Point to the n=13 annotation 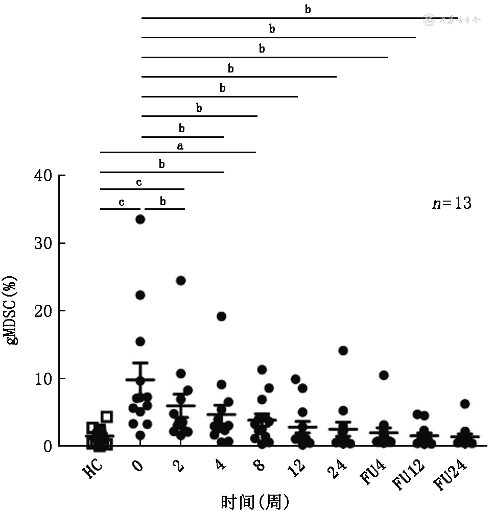point(452,203)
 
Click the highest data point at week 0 point(140,219)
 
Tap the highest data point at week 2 point(180,281)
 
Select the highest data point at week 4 point(221,316)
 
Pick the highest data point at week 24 point(343,351)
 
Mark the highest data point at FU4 point(384,376)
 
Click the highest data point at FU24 point(464,404)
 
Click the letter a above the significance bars point(180,146)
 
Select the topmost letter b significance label point(308,9)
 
